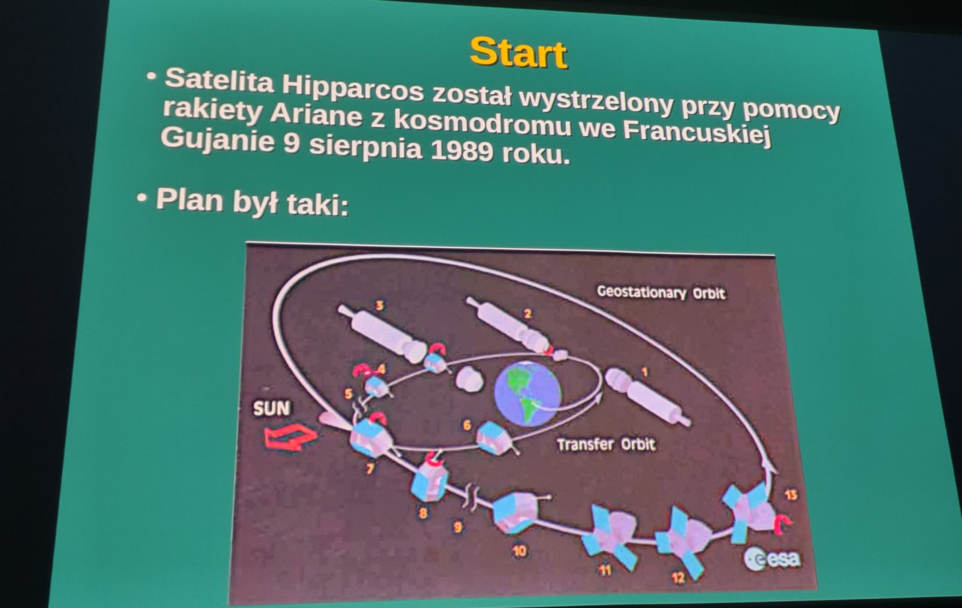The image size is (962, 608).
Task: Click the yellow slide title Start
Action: click(x=519, y=53)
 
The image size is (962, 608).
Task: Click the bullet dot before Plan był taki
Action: click(x=141, y=197)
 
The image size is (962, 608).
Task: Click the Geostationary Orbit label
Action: click(x=661, y=293)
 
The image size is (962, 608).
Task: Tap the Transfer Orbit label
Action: click(x=606, y=445)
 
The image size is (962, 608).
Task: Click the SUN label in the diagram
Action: click(x=272, y=408)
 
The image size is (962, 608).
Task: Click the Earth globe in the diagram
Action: click(x=527, y=393)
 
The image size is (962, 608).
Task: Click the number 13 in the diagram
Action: click(x=791, y=495)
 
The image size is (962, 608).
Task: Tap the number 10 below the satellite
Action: click(x=519, y=552)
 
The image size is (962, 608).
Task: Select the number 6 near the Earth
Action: click(x=467, y=425)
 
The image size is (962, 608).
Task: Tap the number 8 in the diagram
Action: click(x=423, y=513)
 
